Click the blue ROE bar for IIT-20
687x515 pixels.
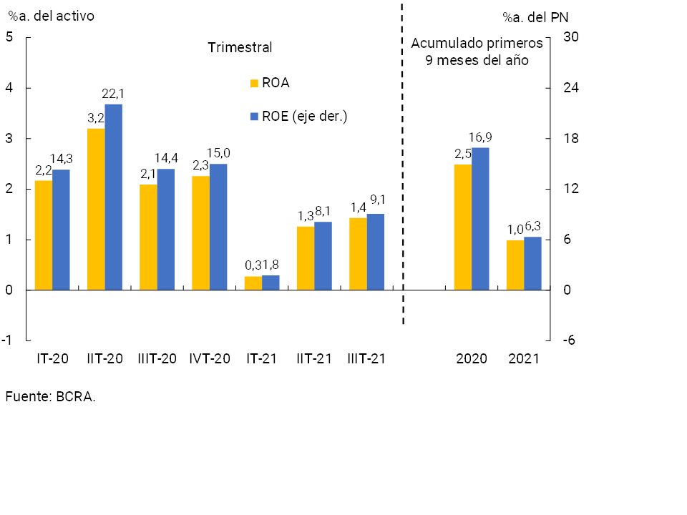click(113, 197)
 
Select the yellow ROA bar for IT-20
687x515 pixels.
click(44, 235)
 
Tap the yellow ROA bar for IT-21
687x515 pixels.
click(253, 283)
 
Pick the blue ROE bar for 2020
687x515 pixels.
click(480, 218)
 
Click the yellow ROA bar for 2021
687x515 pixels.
click(515, 265)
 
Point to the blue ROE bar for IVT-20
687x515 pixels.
click(218, 227)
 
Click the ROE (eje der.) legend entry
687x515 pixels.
click(298, 116)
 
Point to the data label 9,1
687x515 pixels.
click(376, 202)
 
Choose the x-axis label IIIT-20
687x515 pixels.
click(157, 358)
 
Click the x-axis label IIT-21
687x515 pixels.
click(315, 358)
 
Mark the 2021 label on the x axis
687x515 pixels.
click(524, 358)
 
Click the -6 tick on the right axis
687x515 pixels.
click(569, 340)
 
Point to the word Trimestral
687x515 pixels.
click(240, 48)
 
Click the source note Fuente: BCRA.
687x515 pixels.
click(50, 396)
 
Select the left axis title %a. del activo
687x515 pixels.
click(51, 15)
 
